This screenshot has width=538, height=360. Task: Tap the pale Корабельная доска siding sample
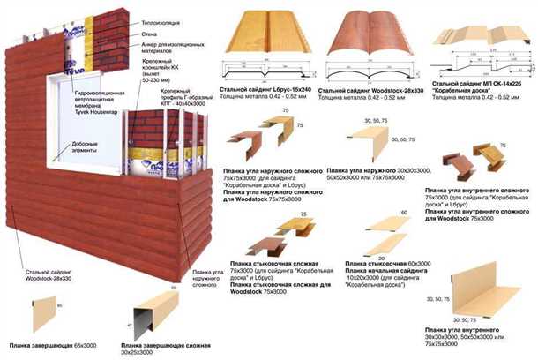pos(482,49)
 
